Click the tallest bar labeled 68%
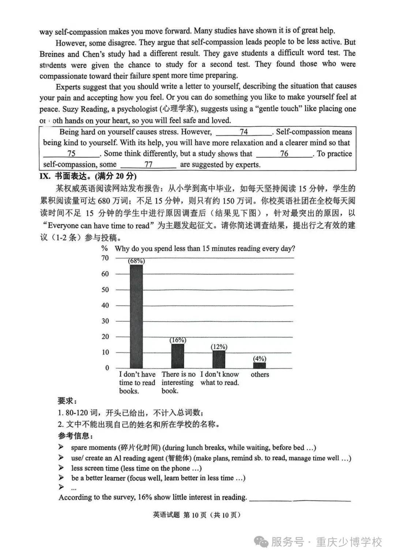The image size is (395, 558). [x=136, y=316]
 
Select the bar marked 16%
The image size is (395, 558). [x=178, y=356]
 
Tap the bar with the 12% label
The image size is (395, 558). [x=219, y=359]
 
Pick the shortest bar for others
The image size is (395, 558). [x=260, y=365]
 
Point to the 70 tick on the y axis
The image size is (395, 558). [x=105, y=258]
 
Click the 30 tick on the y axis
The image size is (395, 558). [x=105, y=321]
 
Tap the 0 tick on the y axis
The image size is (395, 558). [x=107, y=368]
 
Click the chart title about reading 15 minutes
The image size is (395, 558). [x=205, y=248]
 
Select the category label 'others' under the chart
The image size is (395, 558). [x=260, y=375]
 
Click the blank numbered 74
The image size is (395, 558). [x=244, y=132]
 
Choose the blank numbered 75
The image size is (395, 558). [x=71, y=153]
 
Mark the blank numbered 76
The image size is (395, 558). [x=284, y=153]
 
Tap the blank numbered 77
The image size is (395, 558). [x=148, y=164]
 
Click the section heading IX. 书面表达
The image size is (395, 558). [x=88, y=176]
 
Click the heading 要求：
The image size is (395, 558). [x=67, y=401]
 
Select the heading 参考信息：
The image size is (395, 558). [x=75, y=436]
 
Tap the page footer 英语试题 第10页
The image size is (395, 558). [x=197, y=515]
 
